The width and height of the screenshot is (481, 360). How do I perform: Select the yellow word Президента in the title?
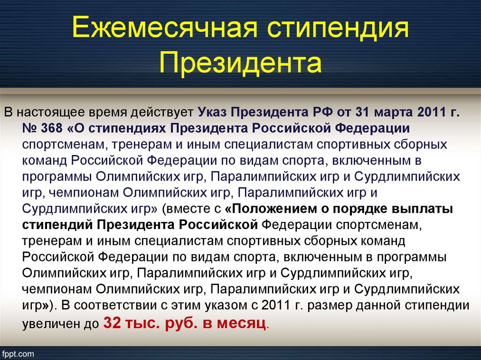(x=240, y=63)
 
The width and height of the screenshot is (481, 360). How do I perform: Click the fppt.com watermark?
(x=17, y=354)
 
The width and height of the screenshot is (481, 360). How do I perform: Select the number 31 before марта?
(x=361, y=112)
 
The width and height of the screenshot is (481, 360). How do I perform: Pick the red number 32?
(x=112, y=322)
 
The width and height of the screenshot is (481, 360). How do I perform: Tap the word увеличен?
(x=49, y=324)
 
